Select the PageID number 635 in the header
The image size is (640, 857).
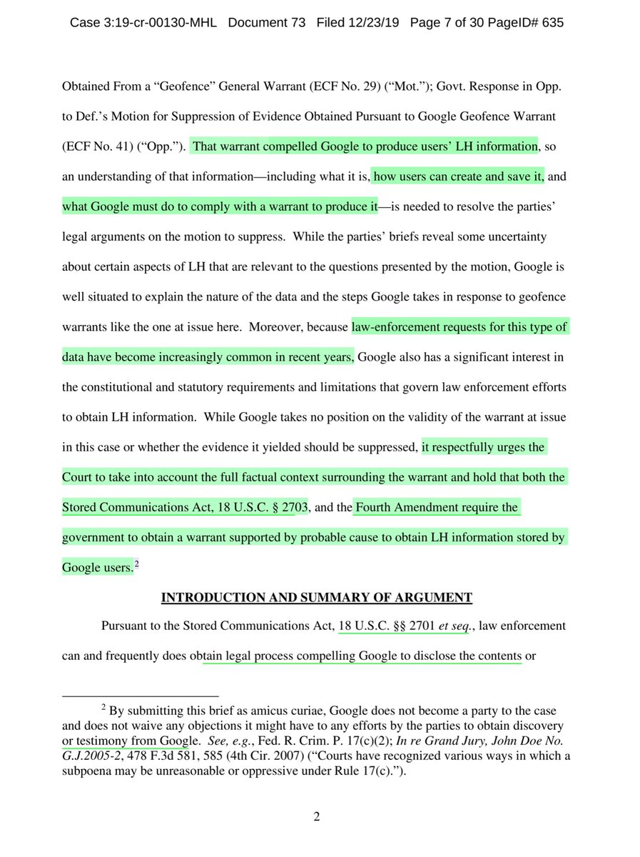[x=552, y=23]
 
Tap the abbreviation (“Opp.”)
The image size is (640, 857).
[x=165, y=146]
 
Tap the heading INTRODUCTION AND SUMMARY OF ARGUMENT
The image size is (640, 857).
[x=317, y=597]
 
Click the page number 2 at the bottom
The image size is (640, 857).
[x=317, y=817]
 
